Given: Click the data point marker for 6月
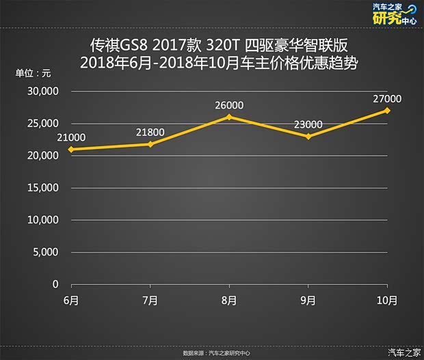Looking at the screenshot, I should click(71, 149).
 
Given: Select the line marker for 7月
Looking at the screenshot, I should click(150, 144).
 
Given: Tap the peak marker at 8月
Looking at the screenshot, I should click(229, 117).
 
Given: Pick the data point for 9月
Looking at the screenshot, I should click(308, 137).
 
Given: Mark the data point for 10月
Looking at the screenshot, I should click(387, 110).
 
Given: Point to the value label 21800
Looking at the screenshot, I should click(150, 132).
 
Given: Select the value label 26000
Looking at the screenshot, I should click(229, 105).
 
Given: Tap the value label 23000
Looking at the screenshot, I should click(308, 124).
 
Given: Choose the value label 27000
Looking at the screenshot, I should click(387, 98).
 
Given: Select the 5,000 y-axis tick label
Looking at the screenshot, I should click(47, 252).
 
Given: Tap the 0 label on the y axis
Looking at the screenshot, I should click(56, 284).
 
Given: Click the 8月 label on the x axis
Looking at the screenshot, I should click(229, 300).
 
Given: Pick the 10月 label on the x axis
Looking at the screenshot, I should click(387, 300).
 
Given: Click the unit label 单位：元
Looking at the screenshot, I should click(33, 72).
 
